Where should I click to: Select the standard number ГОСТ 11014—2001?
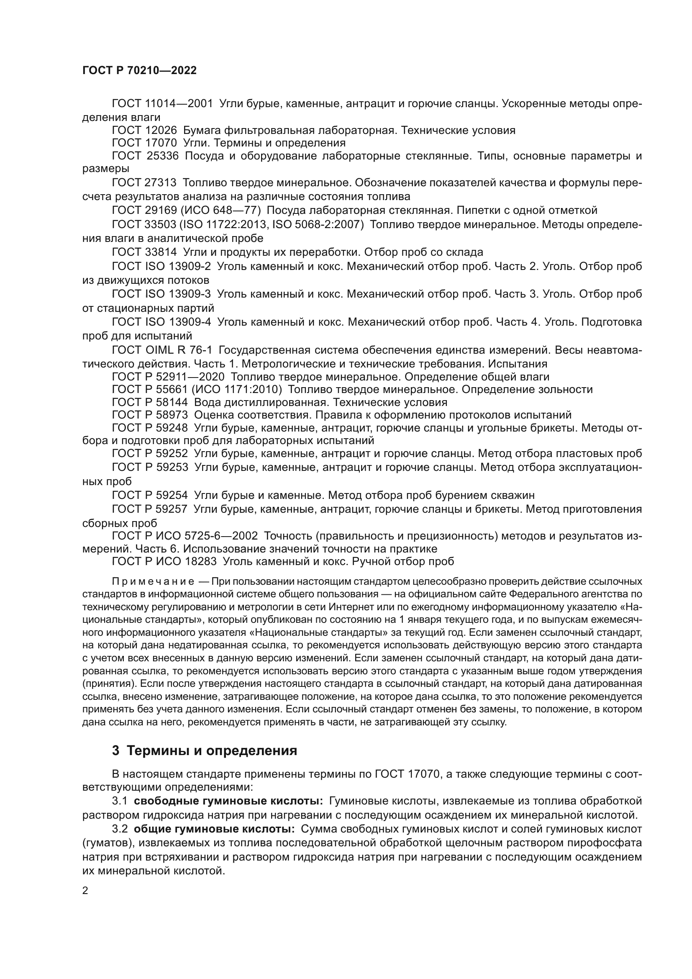(x=162, y=104)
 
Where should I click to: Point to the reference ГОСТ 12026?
(x=144, y=131)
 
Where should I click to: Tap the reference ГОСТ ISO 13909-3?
(x=161, y=294)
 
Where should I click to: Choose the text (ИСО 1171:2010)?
(x=237, y=389)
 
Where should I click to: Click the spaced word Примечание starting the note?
(x=153, y=582)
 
